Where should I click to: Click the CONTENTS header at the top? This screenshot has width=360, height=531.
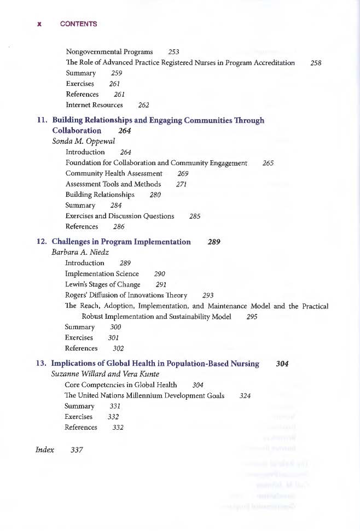coord(79,24)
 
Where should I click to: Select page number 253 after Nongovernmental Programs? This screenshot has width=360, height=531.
coord(174,52)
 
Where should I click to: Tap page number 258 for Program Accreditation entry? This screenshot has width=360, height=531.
coord(315,63)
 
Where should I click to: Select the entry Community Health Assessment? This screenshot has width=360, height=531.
coord(114,173)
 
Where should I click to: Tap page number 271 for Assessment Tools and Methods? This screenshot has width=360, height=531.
coord(182,184)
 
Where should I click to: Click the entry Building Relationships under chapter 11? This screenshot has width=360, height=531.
coord(100,195)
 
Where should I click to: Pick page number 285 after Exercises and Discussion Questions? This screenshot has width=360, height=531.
coord(194,216)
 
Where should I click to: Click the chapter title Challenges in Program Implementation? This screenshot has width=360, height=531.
coord(121,242)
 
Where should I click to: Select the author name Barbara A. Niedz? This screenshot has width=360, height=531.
coord(80,253)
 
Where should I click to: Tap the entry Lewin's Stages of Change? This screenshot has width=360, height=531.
coord(102,284)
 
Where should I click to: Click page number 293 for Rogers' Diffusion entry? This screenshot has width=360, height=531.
coord(207,295)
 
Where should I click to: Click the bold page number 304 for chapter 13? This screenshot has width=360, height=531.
coord(282,364)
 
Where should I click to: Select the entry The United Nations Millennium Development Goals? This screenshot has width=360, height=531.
coord(144,396)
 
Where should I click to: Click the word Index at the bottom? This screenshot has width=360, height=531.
coord(45,450)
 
